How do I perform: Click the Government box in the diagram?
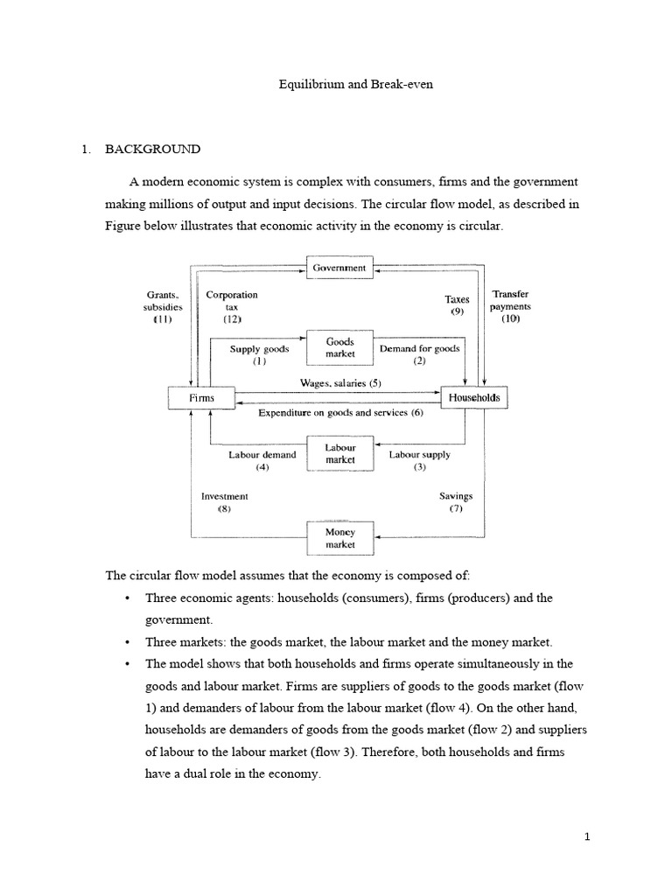340,267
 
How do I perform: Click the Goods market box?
340,348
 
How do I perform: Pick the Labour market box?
340,453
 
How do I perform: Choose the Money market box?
340,537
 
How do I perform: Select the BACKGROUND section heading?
152,149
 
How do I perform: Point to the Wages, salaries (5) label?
341,383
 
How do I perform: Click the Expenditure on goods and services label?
340,412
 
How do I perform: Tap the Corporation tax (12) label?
232,308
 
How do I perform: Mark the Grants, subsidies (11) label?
162,308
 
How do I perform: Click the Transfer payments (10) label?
510,307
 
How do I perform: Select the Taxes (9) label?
457,305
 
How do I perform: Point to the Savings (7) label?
456,502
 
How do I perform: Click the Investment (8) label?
225,502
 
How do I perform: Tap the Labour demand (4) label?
262,460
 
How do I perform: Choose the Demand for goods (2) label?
418,354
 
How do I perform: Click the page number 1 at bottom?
588,836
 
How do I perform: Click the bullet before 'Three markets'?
127,641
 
